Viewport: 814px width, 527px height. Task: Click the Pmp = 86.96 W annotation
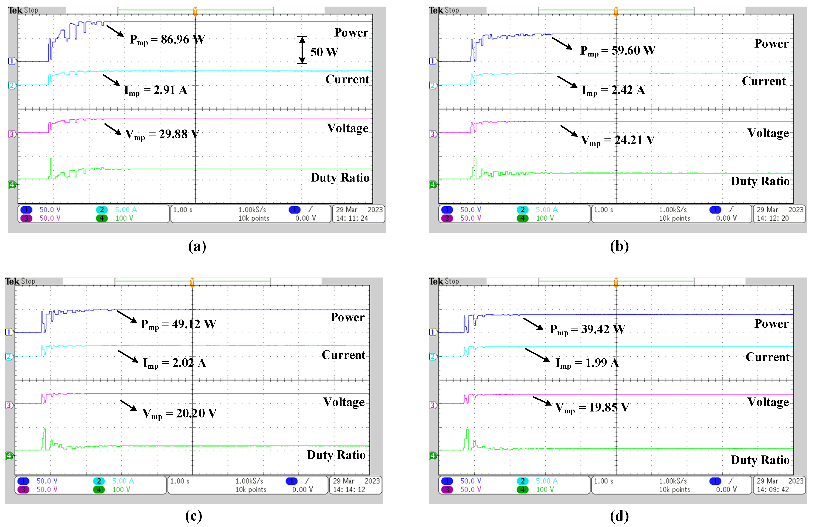click(x=167, y=40)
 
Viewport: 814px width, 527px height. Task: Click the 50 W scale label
click(x=324, y=52)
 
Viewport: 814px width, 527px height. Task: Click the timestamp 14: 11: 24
click(x=352, y=218)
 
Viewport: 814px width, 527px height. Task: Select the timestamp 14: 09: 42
click(x=773, y=489)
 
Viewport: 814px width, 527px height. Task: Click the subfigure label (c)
click(x=194, y=516)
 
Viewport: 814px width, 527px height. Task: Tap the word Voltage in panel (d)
click(x=768, y=402)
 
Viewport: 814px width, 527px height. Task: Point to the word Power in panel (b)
click(x=771, y=44)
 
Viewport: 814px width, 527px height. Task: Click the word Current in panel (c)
click(x=343, y=355)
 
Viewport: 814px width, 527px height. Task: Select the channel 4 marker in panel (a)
click(x=12, y=185)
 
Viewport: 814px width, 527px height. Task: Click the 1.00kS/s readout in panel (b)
click(x=672, y=210)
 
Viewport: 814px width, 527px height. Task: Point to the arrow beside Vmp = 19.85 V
click(x=542, y=400)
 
